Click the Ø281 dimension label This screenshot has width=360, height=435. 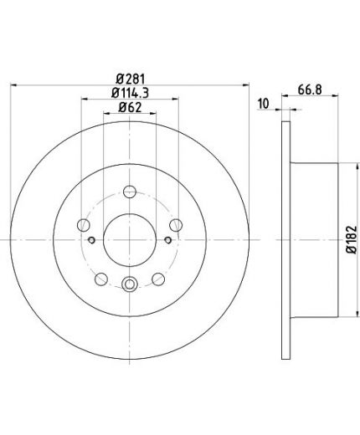pyautogui.click(x=131, y=79)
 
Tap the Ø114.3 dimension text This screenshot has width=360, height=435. pyautogui.click(x=130, y=93)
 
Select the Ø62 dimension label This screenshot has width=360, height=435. pyautogui.click(x=130, y=107)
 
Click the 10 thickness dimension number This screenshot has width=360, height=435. pyautogui.click(x=264, y=104)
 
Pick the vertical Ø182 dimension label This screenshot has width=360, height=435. pyautogui.click(x=352, y=240)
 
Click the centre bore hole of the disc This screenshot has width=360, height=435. pyautogui.click(x=130, y=240)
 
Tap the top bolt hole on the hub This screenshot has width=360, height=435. pyautogui.click(x=130, y=192)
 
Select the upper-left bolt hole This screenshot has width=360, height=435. pyautogui.click(x=84, y=225)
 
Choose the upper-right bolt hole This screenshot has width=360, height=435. pyautogui.click(x=176, y=225)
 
